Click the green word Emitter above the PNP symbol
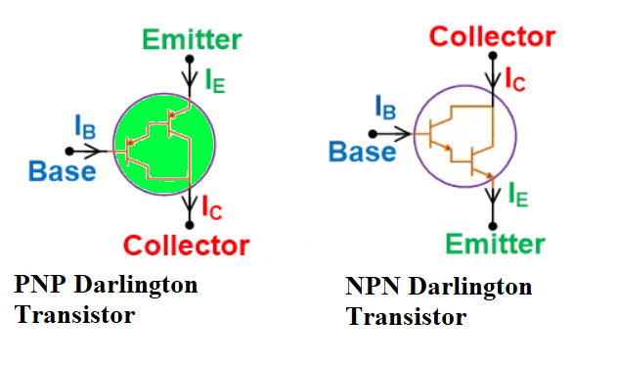click(x=192, y=39)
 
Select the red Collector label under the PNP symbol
click(x=187, y=244)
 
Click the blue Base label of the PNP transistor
click(x=63, y=172)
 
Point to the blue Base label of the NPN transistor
click(x=363, y=152)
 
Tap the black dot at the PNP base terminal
click(x=68, y=151)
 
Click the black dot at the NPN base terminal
click(x=371, y=130)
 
